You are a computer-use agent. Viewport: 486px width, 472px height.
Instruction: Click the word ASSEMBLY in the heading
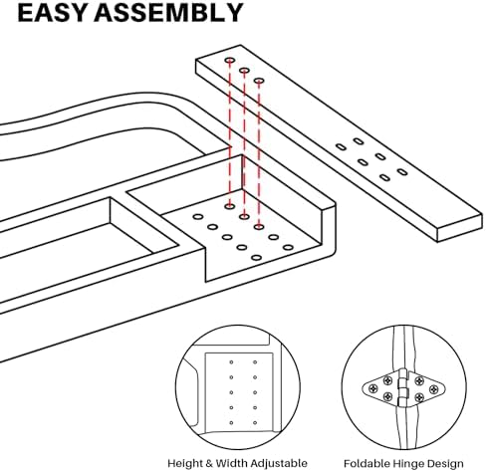coord(168,13)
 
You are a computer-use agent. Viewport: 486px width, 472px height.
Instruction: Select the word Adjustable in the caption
coord(279,463)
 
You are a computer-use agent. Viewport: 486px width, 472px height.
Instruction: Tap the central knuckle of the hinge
coord(403,388)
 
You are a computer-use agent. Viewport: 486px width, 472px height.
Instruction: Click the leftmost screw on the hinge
coord(374,388)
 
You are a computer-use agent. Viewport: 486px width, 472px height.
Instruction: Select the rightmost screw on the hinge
coord(433,388)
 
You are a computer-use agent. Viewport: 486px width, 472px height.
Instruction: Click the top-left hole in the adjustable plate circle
coord(231,362)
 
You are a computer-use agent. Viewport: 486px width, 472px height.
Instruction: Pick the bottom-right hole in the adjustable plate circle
coord(255,423)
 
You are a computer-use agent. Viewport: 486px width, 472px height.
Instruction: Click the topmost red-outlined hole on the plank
coord(230,61)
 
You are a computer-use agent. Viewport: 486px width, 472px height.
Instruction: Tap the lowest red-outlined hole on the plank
coord(259,81)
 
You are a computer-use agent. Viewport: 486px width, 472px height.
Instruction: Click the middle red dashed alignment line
coord(244,143)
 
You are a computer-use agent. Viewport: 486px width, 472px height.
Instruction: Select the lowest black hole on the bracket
coord(256,258)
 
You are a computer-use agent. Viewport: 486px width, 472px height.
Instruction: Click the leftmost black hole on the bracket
coord(198,217)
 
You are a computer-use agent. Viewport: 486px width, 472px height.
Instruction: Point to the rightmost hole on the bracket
coord(288,247)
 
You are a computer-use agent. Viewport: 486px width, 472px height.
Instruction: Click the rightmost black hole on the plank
coord(402,172)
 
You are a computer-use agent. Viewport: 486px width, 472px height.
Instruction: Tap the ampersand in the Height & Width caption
coord(208,463)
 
